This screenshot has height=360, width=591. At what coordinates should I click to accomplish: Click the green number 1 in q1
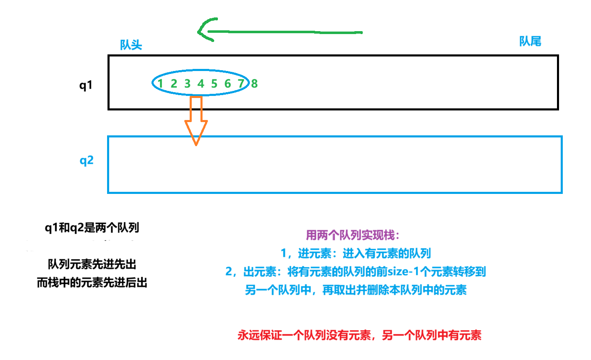click(160, 83)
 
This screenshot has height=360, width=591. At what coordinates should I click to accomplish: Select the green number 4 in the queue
click(201, 83)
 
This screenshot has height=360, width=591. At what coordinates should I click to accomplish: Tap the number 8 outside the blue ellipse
click(254, 83)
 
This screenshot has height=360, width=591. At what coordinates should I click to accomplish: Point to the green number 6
click(227, 83)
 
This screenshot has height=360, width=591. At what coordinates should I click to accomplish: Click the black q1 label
click(86, 85)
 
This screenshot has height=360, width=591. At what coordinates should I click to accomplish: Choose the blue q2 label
click(86, 160)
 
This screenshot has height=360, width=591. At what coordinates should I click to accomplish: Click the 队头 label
click(131, 45)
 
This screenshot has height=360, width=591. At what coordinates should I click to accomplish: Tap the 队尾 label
click(530, 41)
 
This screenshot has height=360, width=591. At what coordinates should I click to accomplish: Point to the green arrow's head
click(203, 31)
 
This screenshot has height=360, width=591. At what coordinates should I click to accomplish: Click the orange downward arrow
click(196, 120)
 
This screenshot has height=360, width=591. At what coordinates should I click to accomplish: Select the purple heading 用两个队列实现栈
click(352, 235)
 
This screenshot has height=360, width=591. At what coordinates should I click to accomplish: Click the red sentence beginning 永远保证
click(359, 335)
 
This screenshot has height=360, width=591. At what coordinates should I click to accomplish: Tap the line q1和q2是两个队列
click(92, 228)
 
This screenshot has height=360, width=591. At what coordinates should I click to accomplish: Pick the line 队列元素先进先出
click(92, 264)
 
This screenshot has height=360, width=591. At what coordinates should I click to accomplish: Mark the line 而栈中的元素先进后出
click(92, 283)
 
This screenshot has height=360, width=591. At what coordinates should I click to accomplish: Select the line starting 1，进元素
click(356, 253)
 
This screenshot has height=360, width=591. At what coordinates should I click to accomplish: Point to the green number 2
click(174, 83)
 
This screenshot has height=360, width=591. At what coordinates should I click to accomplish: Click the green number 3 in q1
click(187, 83)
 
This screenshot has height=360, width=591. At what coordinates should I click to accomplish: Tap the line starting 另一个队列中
click(356, 290)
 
